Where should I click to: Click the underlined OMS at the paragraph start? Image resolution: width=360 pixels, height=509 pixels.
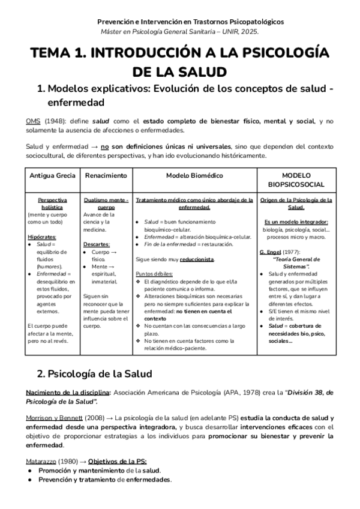[34, 121]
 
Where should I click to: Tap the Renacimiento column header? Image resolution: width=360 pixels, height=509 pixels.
[106, 176]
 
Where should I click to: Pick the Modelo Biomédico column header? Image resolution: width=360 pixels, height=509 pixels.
[194, 176]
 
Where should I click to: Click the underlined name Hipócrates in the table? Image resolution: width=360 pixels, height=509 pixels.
[41, 236]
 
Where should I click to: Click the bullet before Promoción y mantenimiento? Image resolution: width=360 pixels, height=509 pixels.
[29, 471]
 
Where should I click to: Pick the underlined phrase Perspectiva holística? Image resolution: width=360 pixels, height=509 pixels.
[52, 203]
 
